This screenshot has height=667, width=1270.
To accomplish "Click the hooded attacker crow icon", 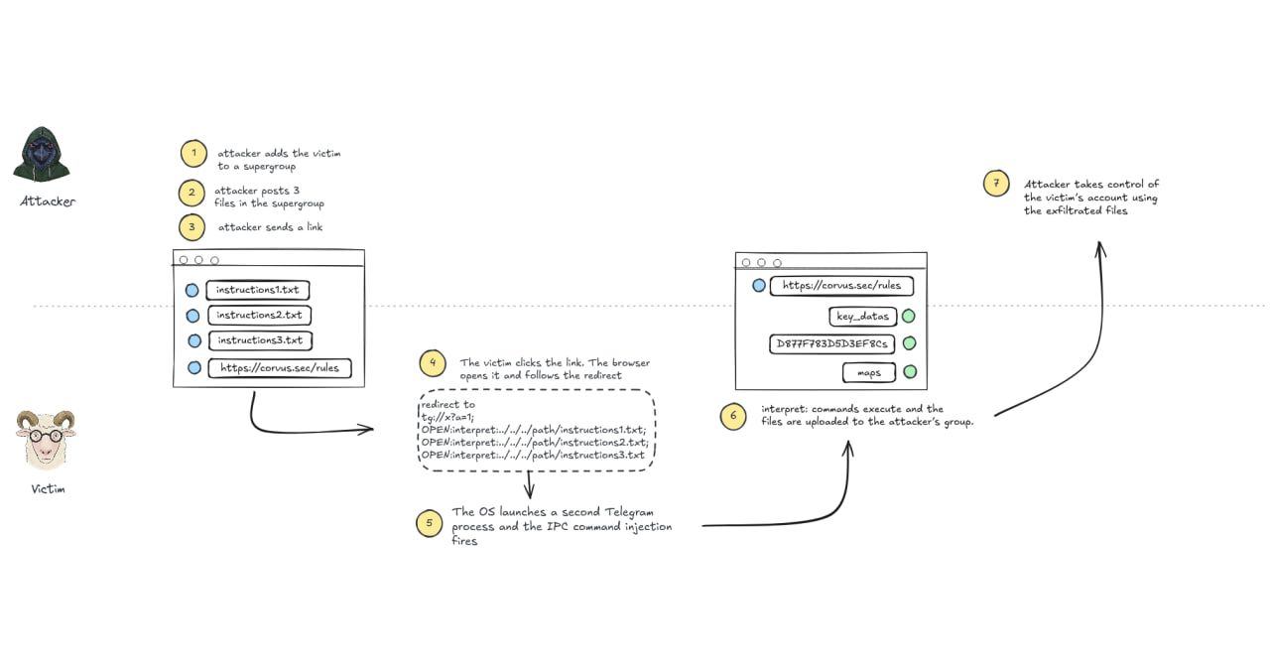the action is click(42, 154).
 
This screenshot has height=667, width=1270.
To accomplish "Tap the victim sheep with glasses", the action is click(46, 440).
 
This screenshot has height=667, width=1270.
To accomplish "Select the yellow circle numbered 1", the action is click(193, 154).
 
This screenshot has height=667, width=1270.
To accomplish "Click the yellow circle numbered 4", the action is click(433, 363).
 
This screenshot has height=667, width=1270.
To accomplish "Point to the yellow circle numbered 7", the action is click(996, 184).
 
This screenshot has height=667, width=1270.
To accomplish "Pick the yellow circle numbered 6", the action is click(733, 416).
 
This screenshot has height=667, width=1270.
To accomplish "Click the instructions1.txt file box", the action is click(257, 290).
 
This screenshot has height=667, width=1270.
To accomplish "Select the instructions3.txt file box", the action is click(260, 340).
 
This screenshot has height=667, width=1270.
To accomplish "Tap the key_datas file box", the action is click(863, 317).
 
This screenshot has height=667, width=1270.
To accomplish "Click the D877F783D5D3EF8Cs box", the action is click(831, 343).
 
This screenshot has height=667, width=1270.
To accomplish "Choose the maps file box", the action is click(869, 372).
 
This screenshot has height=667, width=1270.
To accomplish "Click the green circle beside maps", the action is click(910, 372).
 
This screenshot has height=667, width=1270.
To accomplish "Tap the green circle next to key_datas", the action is click(908, 316).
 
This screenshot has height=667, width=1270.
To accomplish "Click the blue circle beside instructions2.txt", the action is click(192, 316).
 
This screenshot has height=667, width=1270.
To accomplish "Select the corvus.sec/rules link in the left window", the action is click(280, 368).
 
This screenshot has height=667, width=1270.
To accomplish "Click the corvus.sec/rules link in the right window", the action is click(842, 286).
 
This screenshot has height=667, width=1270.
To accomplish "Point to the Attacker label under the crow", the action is click(48, 201).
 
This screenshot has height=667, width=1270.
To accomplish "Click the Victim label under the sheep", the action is click(49, 489).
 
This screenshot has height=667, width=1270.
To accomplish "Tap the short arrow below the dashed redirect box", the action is click(530, 485).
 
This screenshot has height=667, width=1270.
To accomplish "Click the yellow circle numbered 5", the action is click(430, 523).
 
